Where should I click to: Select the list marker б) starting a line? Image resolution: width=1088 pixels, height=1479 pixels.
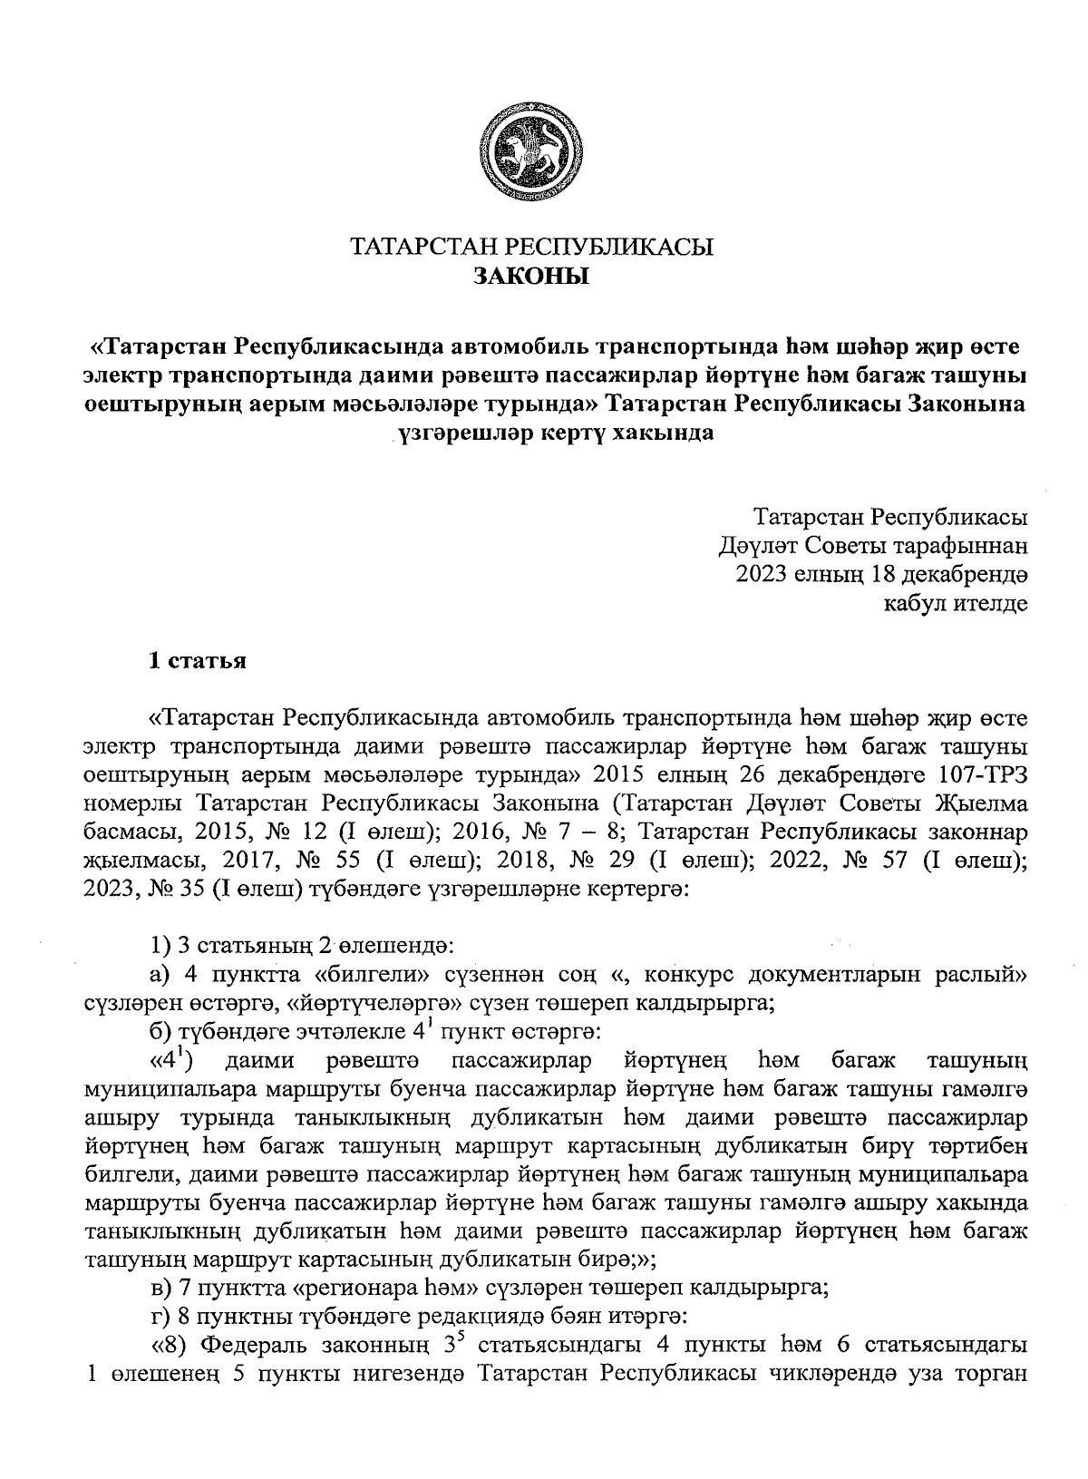tap(162, 1031)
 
